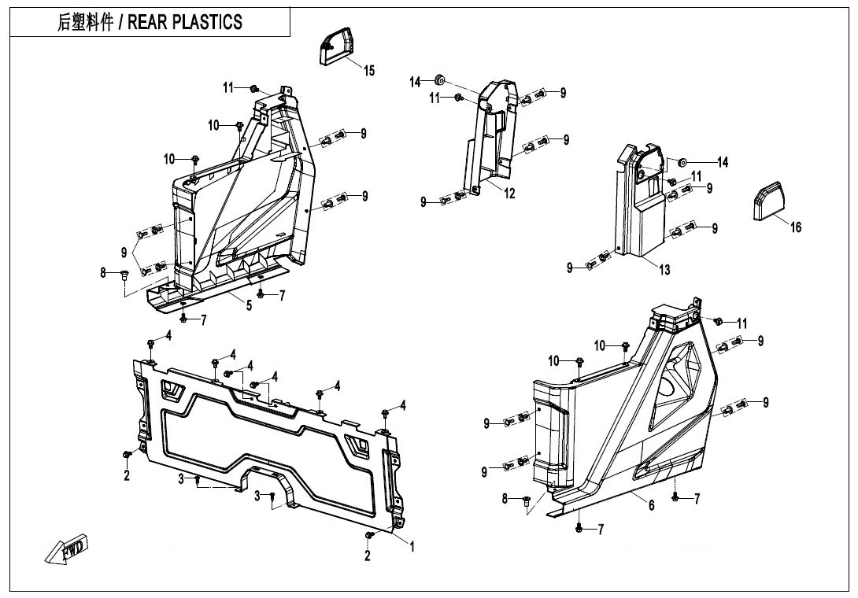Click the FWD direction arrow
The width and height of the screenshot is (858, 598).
68,548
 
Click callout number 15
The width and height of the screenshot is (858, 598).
368,71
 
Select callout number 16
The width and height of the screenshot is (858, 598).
796,227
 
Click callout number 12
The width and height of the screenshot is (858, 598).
509,194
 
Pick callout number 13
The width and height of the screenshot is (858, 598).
664,270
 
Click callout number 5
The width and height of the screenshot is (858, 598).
249,306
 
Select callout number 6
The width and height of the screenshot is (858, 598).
651,506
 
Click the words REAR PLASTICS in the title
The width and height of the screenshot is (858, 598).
190,22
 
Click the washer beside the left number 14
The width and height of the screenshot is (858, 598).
440,79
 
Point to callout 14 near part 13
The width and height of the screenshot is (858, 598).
722,163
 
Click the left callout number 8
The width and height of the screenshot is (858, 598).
103,273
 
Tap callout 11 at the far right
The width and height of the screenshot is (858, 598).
742,323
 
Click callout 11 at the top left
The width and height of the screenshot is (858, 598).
228,88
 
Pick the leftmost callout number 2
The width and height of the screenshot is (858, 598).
127,477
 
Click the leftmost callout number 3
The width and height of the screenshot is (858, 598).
180,478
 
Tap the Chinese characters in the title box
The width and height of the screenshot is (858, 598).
84,22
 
